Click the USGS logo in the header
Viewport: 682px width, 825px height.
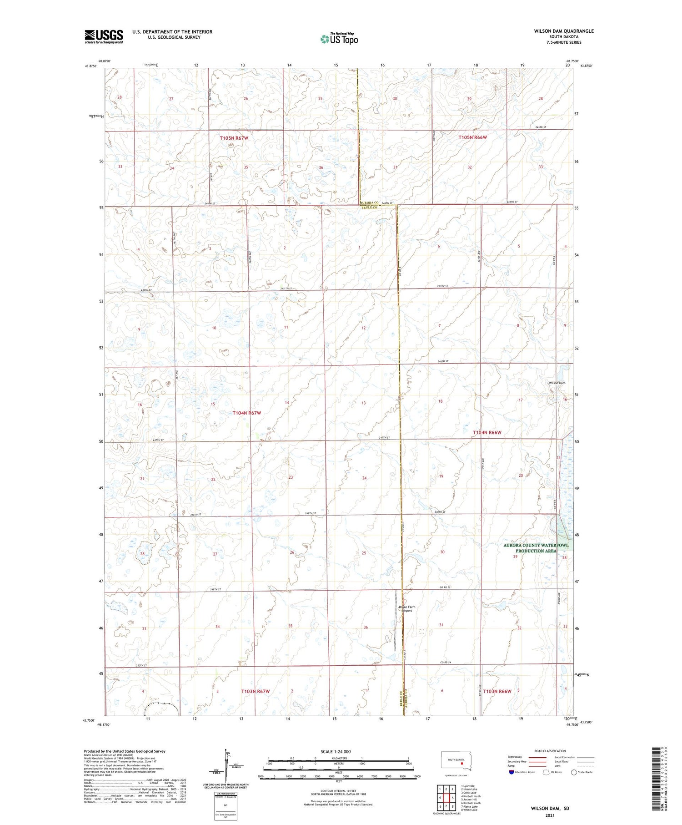[x=104, y=36]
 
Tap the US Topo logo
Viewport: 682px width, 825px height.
[x=339, y=39]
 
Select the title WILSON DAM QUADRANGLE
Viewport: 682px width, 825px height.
[x=564, y=31]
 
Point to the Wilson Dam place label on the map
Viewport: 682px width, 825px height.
[x=557, y=383]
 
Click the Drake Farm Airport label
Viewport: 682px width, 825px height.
[x=407, y=609]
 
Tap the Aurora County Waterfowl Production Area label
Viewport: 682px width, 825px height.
[x=536, y=548]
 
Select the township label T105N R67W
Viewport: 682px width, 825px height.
[x=234, y=137]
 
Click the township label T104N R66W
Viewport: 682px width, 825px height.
[x=487, y=432]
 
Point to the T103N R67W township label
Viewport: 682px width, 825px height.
[x=255, y=691]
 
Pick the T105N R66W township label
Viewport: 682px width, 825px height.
[x=472, y=137]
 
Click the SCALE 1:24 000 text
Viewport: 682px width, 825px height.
[x=336, y=751]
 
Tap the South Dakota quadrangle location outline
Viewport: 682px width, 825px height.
[x=456, y=761]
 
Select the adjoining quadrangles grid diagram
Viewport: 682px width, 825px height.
[x=446, y=798]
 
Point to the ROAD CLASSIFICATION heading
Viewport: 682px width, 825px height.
[x=550, y=751]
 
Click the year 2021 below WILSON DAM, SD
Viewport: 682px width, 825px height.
[x=550, y=815]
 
